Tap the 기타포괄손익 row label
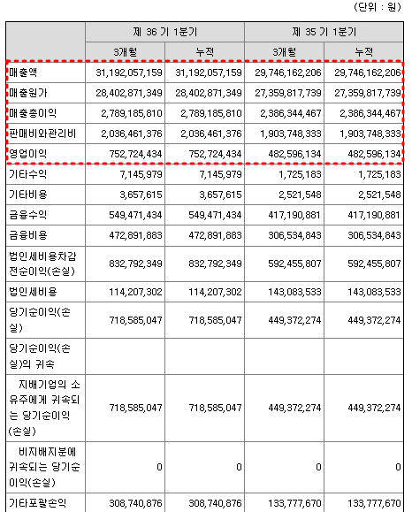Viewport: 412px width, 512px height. (x=39, y=502)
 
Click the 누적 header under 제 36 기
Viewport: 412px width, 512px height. (x=204, y=50)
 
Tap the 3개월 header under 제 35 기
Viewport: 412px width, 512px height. (x=285, y=50)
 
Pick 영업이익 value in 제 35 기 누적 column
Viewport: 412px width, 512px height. (x=365, y=155)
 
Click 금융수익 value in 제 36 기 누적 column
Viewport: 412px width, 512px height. (x=206, y=215)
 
